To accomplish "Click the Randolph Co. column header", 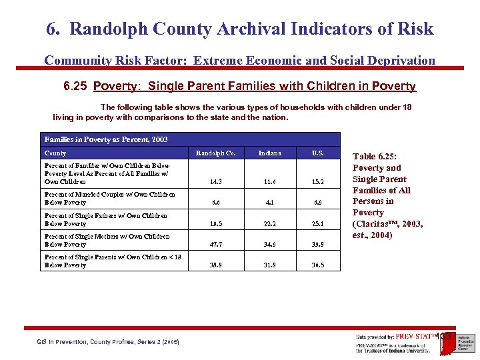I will (x=215, y=153).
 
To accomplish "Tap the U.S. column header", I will (x=318, y=153).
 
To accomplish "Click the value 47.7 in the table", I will (x=216, y=245).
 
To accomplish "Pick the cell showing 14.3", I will (x=216, y=181).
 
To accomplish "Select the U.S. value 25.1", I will (x=318, y=223).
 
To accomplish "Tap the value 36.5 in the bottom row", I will (x=318, y=265).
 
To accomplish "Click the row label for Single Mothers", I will (x=107, y=240).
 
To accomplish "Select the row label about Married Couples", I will (x=109, y=198).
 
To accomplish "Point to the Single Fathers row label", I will (x=105, y=219).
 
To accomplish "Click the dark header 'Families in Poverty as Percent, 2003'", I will (x=106, y=139).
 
